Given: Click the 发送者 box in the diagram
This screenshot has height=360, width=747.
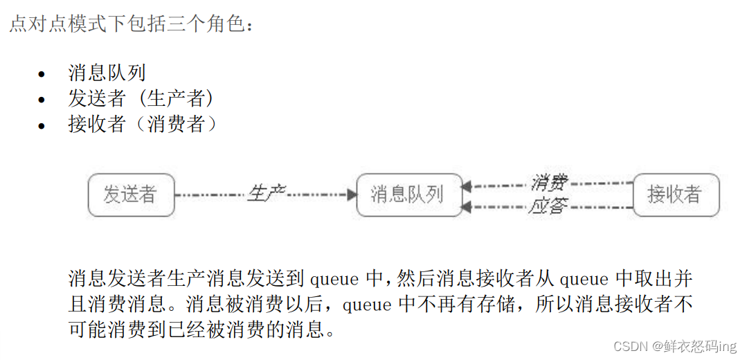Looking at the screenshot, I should point(131,195).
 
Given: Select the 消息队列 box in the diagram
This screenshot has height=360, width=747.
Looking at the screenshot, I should point(408,195).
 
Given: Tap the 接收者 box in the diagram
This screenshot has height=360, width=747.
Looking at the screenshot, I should point(676,195).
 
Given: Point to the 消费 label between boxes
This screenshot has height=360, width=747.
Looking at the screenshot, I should point(549,183).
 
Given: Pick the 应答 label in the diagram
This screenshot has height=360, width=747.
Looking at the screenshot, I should point(549,206).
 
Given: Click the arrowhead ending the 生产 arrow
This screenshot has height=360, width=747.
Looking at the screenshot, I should point(352,195).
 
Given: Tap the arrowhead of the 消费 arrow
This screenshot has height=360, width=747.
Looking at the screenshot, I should point(467,186).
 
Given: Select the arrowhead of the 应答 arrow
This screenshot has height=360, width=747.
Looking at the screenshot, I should point(467,206).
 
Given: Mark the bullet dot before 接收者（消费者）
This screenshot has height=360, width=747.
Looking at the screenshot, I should point(43,126).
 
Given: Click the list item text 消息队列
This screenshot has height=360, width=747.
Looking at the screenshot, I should point(106,73).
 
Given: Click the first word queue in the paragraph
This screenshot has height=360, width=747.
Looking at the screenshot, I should point(334,280).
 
